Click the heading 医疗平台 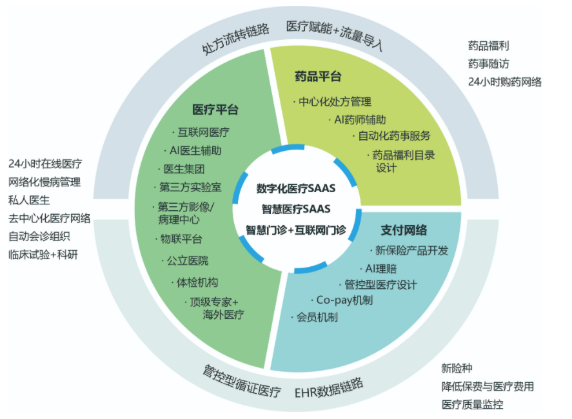[215, 110]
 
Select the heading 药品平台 [318, 77]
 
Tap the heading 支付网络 [404, 230]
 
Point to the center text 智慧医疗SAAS [296, 209]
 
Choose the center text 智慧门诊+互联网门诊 [296, 229]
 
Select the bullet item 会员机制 [316, 317]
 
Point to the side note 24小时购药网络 [504, 82]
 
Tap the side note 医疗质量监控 [472, 405]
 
